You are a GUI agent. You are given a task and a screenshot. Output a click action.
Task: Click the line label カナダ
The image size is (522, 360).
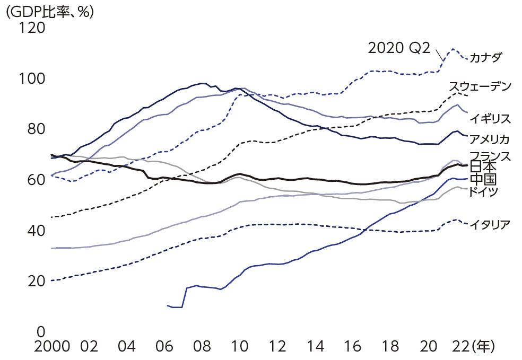coord(486,57)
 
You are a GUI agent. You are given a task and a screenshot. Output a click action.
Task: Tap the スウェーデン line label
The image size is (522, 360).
coord(480,86)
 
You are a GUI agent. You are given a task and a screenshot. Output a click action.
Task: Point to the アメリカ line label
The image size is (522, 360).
coord(489,139)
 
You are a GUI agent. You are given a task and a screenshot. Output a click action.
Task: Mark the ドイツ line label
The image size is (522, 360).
coord(483,191)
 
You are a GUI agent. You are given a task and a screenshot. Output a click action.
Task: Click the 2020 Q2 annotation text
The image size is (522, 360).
coord(398,48)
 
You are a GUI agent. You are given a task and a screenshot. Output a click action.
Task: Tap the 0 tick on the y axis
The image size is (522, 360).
coord(40,332)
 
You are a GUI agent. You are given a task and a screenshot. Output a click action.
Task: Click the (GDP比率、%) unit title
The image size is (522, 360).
coord(49,11)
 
